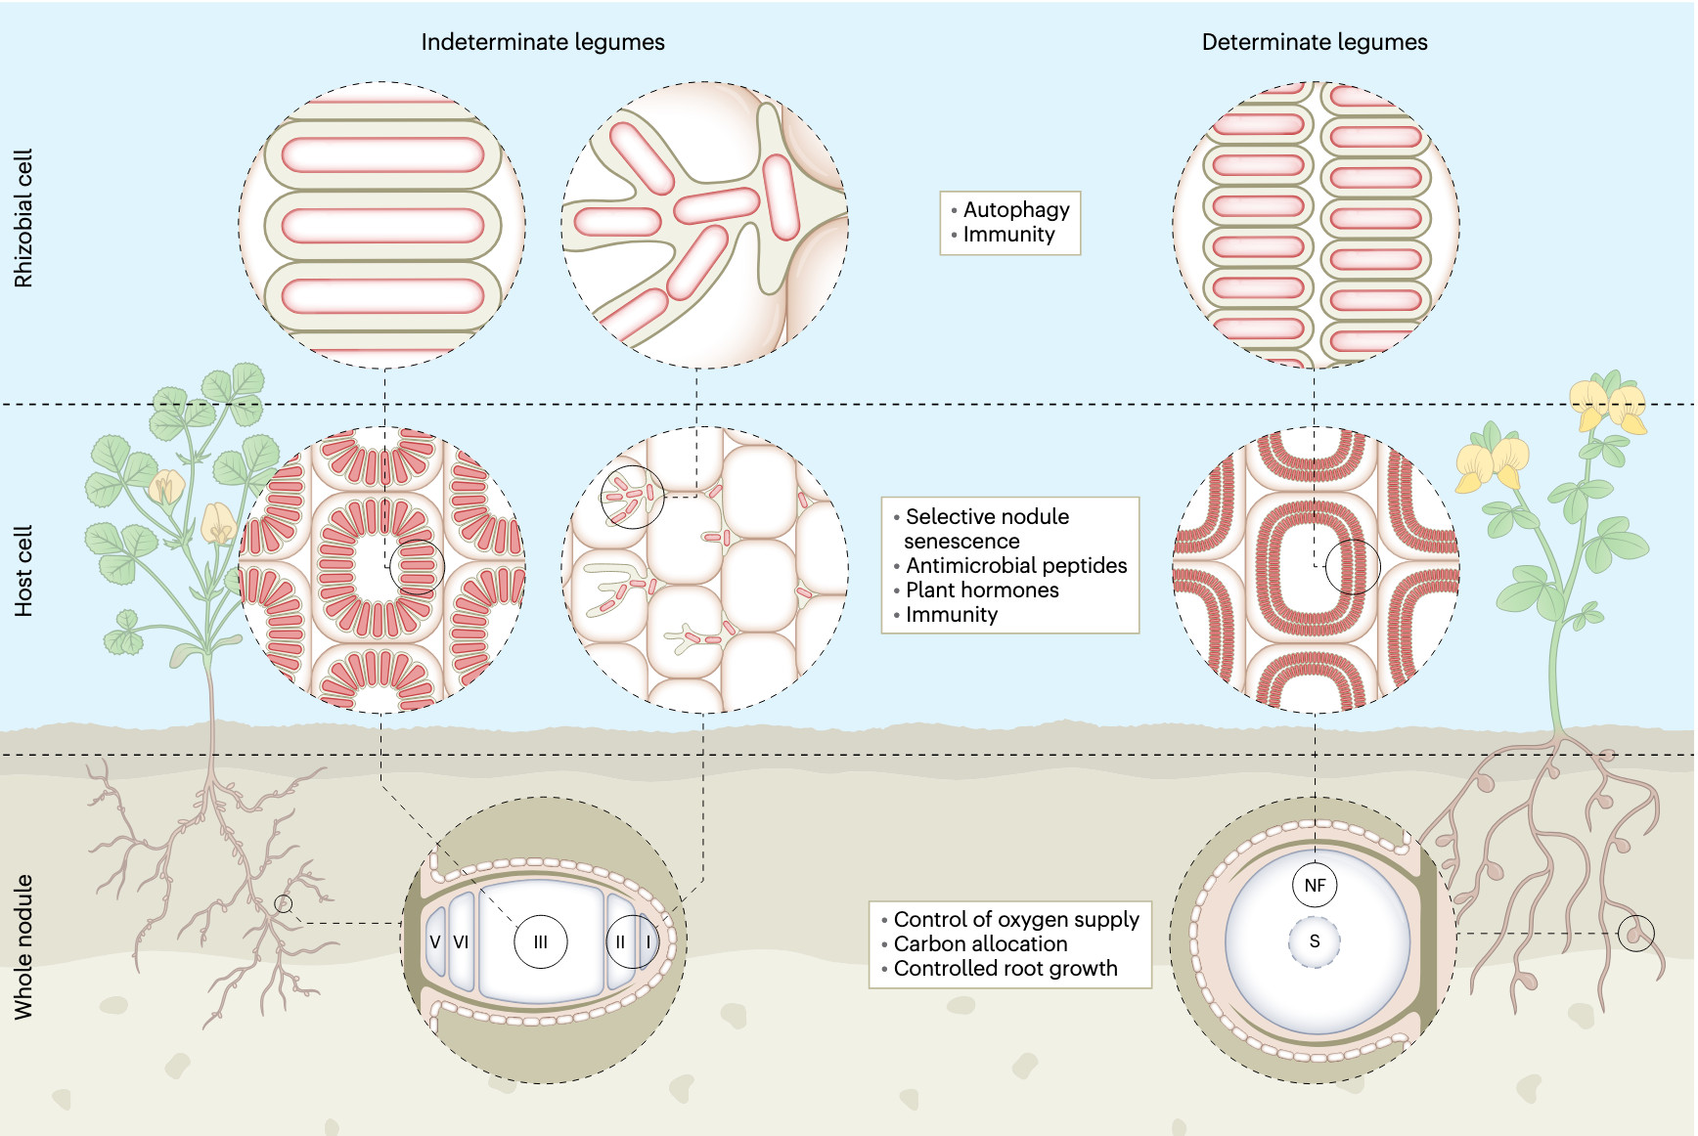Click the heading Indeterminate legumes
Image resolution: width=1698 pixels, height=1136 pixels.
coord(542,42)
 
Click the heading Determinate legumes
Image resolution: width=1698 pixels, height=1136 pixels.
coord(1314,42)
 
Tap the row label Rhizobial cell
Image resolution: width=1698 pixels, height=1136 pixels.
coord(23,218)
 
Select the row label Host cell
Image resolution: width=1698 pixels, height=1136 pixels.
coord(23,571)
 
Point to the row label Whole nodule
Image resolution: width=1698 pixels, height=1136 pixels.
coord(23,946)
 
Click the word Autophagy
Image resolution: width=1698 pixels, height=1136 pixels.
coord(1015,209)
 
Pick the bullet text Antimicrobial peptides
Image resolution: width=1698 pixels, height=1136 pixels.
coord(1015,565)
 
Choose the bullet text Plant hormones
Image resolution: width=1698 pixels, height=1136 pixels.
coord(981,590)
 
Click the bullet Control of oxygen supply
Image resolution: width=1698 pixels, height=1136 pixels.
coord(1015,919)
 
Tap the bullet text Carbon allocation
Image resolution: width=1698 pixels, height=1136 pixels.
coord(980,943)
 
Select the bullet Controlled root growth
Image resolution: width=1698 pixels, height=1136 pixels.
coord(1005,968)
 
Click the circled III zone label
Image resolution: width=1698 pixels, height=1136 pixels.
coord(541,942)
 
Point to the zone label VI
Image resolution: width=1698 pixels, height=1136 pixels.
coord(461,942)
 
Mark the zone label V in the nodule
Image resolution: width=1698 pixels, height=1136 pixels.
coord(435,942)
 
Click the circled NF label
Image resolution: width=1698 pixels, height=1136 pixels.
coord(1315,886)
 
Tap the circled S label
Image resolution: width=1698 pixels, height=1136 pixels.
coord(1315,941)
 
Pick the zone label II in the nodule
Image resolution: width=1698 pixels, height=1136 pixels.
coord(620,942)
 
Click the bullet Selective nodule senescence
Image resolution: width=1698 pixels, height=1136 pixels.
coord(986,528)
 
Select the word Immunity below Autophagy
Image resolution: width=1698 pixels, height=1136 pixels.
coord(1008,235)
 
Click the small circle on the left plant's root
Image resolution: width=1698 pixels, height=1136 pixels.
coord(284,904)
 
